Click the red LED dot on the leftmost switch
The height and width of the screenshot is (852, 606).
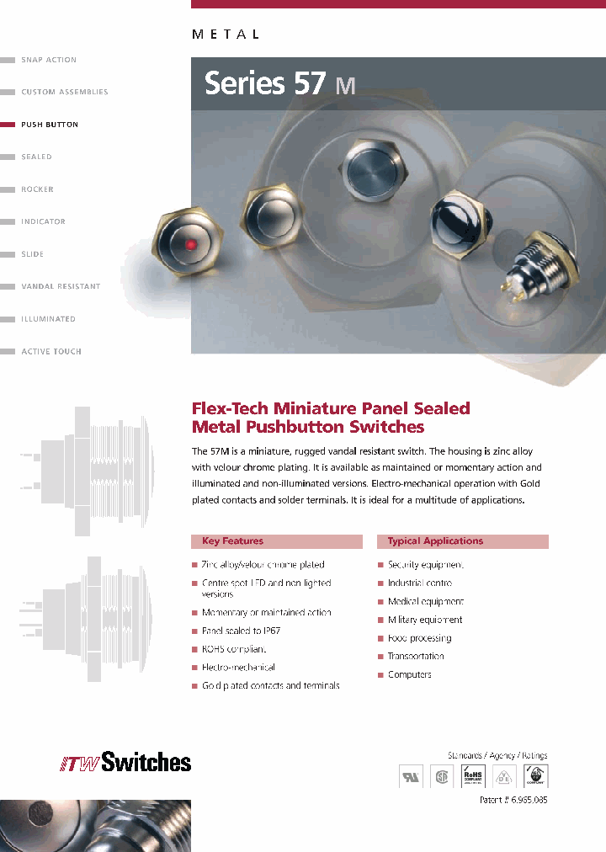pyautogui.click(x=192, y=244)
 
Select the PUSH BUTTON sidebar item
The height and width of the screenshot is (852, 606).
pyautogui.click(x=50, y=125)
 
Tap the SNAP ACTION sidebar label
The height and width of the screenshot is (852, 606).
pyautogui.click(x=49, y=60)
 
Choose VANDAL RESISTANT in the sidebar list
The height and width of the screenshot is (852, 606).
pyautogui.click(x=61, y=287)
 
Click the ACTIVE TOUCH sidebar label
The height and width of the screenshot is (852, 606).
pyautogui.click(x=51, y=352)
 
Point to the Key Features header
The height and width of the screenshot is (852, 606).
pyautogui.click(x=233, y=541)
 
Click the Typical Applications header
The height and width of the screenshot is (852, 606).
pyautogui.click(x=435, y=541)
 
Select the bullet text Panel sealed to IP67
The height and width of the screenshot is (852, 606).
pyautogui.click(x=242, y=631)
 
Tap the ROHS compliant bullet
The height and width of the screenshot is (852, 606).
pyautogui.click(x=234, y=649)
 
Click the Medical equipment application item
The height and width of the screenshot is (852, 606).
pyautogui.click(x=426, y=602)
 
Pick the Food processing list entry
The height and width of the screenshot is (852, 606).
pyautogui.click(x=420, y=638)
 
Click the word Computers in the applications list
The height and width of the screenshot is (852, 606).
pyautogui.click(x=410, y=674)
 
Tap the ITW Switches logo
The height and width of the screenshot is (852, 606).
pyautogui.click(x=125, y=763)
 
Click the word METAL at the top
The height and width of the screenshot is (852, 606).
pyautogui.click(x=226, y=35)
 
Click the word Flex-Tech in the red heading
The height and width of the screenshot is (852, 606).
pyautogui.click(x=231, y=408)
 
